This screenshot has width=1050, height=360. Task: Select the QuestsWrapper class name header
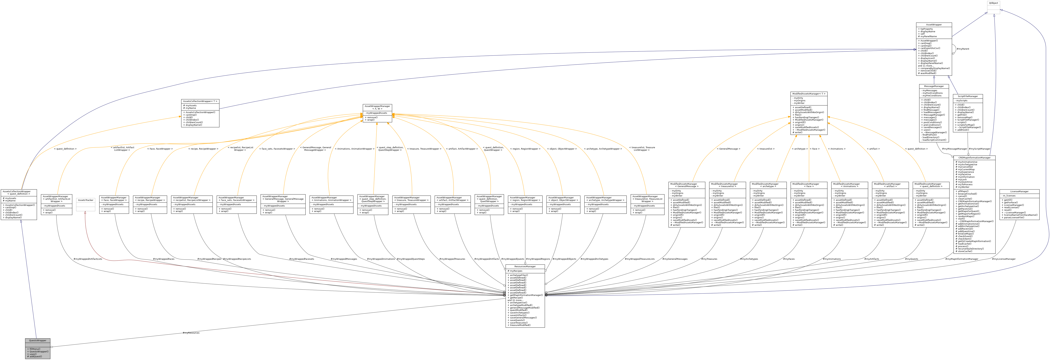click(x=38, y=340)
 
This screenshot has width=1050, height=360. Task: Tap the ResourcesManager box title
click(x=525, y=266)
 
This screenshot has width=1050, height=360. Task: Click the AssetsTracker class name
click(x=86, y=200)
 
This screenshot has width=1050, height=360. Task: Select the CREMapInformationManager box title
click(x=974, y=157)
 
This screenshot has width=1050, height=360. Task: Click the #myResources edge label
click(x=191, y=333)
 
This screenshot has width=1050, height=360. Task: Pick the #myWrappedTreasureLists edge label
click(x=640, y=259)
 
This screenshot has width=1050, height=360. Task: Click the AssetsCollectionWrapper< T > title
click(x=200, y=101)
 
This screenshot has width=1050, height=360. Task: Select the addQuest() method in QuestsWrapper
click(x=35, y=356)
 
